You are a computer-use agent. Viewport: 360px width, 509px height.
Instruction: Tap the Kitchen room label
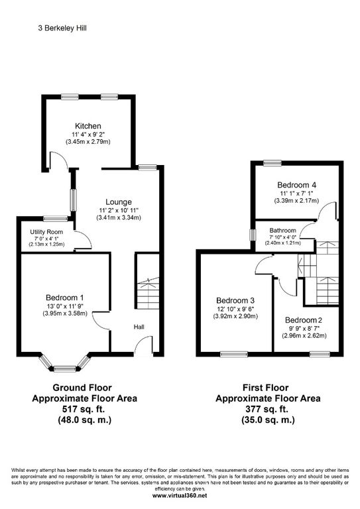click(88, 125)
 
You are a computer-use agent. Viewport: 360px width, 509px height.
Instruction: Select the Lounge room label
click(119, 201)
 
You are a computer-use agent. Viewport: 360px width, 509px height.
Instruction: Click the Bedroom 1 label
click(64, 298)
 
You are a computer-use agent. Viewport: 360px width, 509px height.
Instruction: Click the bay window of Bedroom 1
click(64, 365)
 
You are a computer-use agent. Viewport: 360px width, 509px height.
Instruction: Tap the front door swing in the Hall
click(142, 346)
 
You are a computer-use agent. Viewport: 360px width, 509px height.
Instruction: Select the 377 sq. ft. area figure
click(268, 410)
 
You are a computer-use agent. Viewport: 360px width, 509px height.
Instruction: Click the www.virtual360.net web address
click(180, 495)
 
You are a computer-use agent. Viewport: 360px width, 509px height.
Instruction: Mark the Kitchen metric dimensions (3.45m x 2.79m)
click(88, 141)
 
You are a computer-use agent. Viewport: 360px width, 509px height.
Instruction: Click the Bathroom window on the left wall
click(251, 235)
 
